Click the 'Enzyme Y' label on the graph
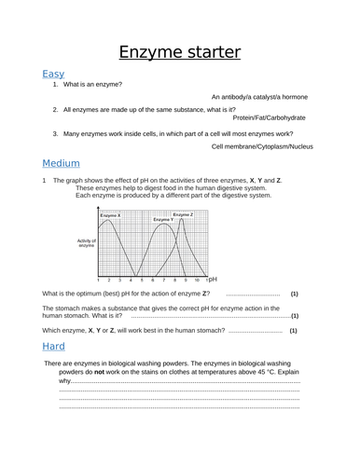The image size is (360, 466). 163,219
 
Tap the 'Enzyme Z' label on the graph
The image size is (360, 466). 183,214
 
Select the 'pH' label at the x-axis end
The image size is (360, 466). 212,279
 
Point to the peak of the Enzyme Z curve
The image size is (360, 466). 185,225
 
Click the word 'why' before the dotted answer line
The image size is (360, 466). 65,381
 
